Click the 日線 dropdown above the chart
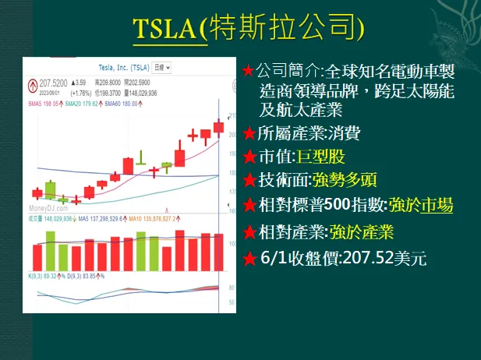click(162, 68)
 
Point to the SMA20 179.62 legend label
click(83, 103)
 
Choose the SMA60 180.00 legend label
click(121, 103)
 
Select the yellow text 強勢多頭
click(344, 181)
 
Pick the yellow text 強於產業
click(361, 231)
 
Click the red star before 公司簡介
click(248, 72)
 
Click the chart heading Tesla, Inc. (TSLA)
click(118, 68)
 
